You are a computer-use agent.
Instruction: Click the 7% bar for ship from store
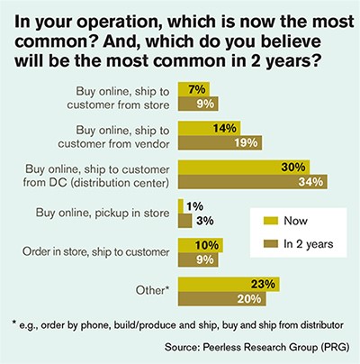(x=193, y=89)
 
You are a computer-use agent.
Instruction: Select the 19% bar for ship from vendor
(x=220, y=142)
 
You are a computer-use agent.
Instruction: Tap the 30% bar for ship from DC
(x=244, y=168)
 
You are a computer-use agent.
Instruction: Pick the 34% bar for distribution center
(x=253, y=182)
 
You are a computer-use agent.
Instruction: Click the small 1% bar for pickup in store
(x=181, y=206)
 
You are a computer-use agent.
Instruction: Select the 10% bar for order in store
(x=201, y=245)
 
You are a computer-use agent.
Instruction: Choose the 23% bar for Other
(x=229, y=285)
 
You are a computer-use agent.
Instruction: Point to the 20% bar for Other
(x=222, y=299)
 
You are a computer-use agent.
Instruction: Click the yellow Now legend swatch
(x=271, y=221)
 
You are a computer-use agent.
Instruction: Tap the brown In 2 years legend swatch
(x=271, y=244)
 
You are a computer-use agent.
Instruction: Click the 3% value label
(x=205, y=221)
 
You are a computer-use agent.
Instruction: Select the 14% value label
(x=225, y=128)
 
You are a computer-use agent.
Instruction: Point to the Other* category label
(x=152, y=290)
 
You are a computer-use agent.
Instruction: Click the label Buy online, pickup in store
(x=103, y=213)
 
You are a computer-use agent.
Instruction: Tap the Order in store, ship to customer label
(x=96, y=252)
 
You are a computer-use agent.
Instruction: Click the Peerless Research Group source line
(x=256, y=347)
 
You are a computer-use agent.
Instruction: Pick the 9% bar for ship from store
(x=198, y=104)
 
